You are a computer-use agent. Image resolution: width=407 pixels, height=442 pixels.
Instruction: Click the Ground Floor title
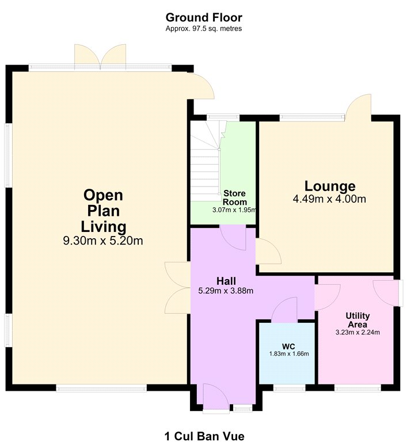[x=204, y=17]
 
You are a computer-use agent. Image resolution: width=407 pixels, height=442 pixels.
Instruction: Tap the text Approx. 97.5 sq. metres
[x=204, y=28]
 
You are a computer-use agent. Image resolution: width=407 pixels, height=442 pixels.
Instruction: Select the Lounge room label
[x=330, y=186]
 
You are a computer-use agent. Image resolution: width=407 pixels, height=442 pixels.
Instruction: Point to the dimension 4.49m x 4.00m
[x=329, y=199]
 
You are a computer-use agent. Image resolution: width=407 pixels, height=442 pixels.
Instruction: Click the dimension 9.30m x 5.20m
[x=103, y=241]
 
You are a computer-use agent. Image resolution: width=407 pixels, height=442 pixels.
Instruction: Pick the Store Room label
[x=235, y=197]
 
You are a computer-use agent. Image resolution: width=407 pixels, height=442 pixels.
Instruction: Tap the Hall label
[x=226, y=281]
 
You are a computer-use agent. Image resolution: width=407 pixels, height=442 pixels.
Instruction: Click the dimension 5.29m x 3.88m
[x=226, y=291]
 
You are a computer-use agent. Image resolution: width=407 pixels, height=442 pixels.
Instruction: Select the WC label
[x=288, y=346]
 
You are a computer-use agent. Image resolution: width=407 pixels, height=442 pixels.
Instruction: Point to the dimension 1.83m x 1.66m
[x=289, y=353]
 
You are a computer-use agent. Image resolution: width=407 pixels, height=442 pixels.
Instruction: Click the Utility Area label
[x=357, y=319]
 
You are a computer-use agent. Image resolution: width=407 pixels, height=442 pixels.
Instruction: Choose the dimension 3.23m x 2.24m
[x=357, y=332]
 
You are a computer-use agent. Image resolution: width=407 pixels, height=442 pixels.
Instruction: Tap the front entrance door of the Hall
[x=216, y=397]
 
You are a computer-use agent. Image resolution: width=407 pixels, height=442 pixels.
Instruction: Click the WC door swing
[x=284, y=310]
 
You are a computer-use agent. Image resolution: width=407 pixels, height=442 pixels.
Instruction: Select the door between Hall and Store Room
[x=233, y=237]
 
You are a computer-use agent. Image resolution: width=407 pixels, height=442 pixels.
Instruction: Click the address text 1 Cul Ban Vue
[x=204, y=436]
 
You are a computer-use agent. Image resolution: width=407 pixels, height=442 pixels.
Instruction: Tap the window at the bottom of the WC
[x=290, y=389]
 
